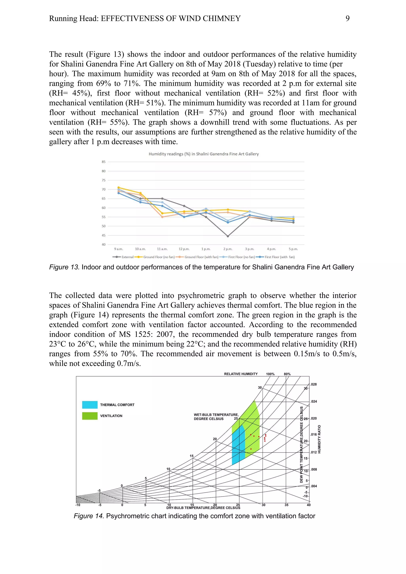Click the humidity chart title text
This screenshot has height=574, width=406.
point(204,154)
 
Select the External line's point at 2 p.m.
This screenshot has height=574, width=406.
point(228,236)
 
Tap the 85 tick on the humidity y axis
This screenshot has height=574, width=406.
point(103,162)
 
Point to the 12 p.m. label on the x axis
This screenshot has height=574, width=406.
point(184,249)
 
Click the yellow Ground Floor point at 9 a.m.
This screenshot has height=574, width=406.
point(119,187)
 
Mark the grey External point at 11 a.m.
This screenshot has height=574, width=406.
point(162,199)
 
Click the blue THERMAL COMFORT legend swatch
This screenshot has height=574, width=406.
point(90,405)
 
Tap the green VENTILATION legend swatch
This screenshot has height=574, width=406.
point(90,416)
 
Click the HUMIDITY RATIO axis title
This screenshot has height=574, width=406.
point(319,439)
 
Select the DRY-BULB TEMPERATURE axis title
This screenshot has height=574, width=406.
point(203,508)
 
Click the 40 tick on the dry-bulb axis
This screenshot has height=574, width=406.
point(309,505)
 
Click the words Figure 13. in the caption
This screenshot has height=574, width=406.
point(64,267)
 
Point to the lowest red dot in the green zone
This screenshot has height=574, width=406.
point(251,449)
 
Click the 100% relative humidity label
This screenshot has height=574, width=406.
point(270,374)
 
